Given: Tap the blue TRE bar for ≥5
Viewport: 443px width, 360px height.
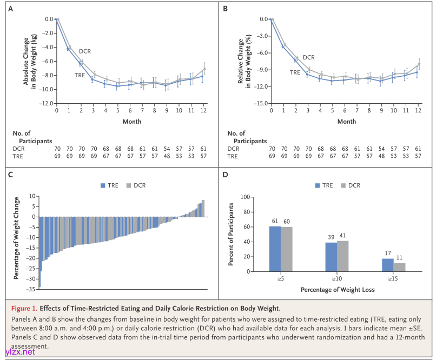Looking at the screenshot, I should pos(275,249).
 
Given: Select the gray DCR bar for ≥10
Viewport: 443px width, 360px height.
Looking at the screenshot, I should pos(342,256).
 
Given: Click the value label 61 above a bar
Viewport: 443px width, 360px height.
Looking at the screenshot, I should pos(275,221).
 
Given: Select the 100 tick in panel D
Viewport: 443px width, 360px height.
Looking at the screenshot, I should pos(244,197).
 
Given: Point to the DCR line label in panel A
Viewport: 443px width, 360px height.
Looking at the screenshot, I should pos(85,51).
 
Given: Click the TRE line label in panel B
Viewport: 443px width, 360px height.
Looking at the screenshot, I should pos(295,72).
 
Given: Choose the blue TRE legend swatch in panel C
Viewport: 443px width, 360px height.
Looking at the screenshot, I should pos(103,185).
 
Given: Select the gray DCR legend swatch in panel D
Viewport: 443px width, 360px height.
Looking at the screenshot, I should pos(343,185).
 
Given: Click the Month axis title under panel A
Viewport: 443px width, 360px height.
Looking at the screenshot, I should pos(132,122).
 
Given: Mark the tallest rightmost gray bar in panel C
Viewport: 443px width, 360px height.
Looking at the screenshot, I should pos(203,209).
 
